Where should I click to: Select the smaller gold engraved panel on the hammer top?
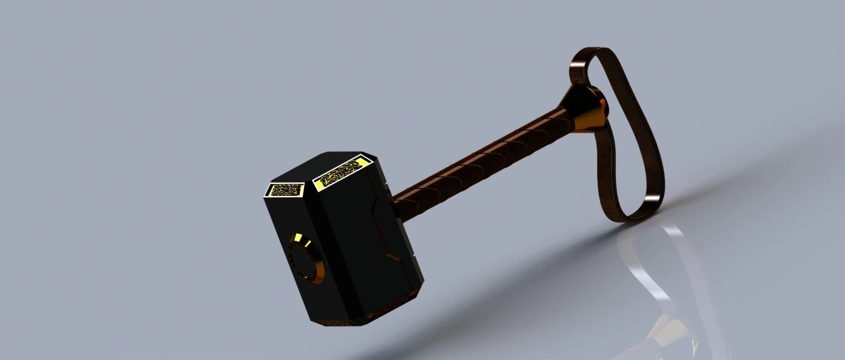tap(285, 189)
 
